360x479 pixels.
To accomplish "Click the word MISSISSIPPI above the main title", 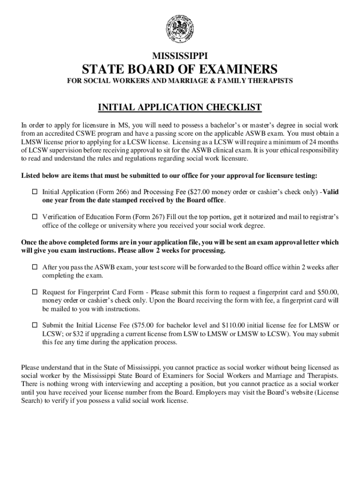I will click(180, 55).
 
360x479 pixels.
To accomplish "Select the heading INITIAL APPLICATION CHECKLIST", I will click(180, 108).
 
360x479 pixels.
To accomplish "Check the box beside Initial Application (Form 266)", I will click(34, 192).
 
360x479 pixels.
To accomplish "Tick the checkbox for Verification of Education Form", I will click(34, 217).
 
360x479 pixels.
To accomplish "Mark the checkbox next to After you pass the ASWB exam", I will click(34, 268).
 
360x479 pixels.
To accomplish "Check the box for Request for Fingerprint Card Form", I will click(34, 292).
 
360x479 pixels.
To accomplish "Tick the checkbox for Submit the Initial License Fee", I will click(34, 325).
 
